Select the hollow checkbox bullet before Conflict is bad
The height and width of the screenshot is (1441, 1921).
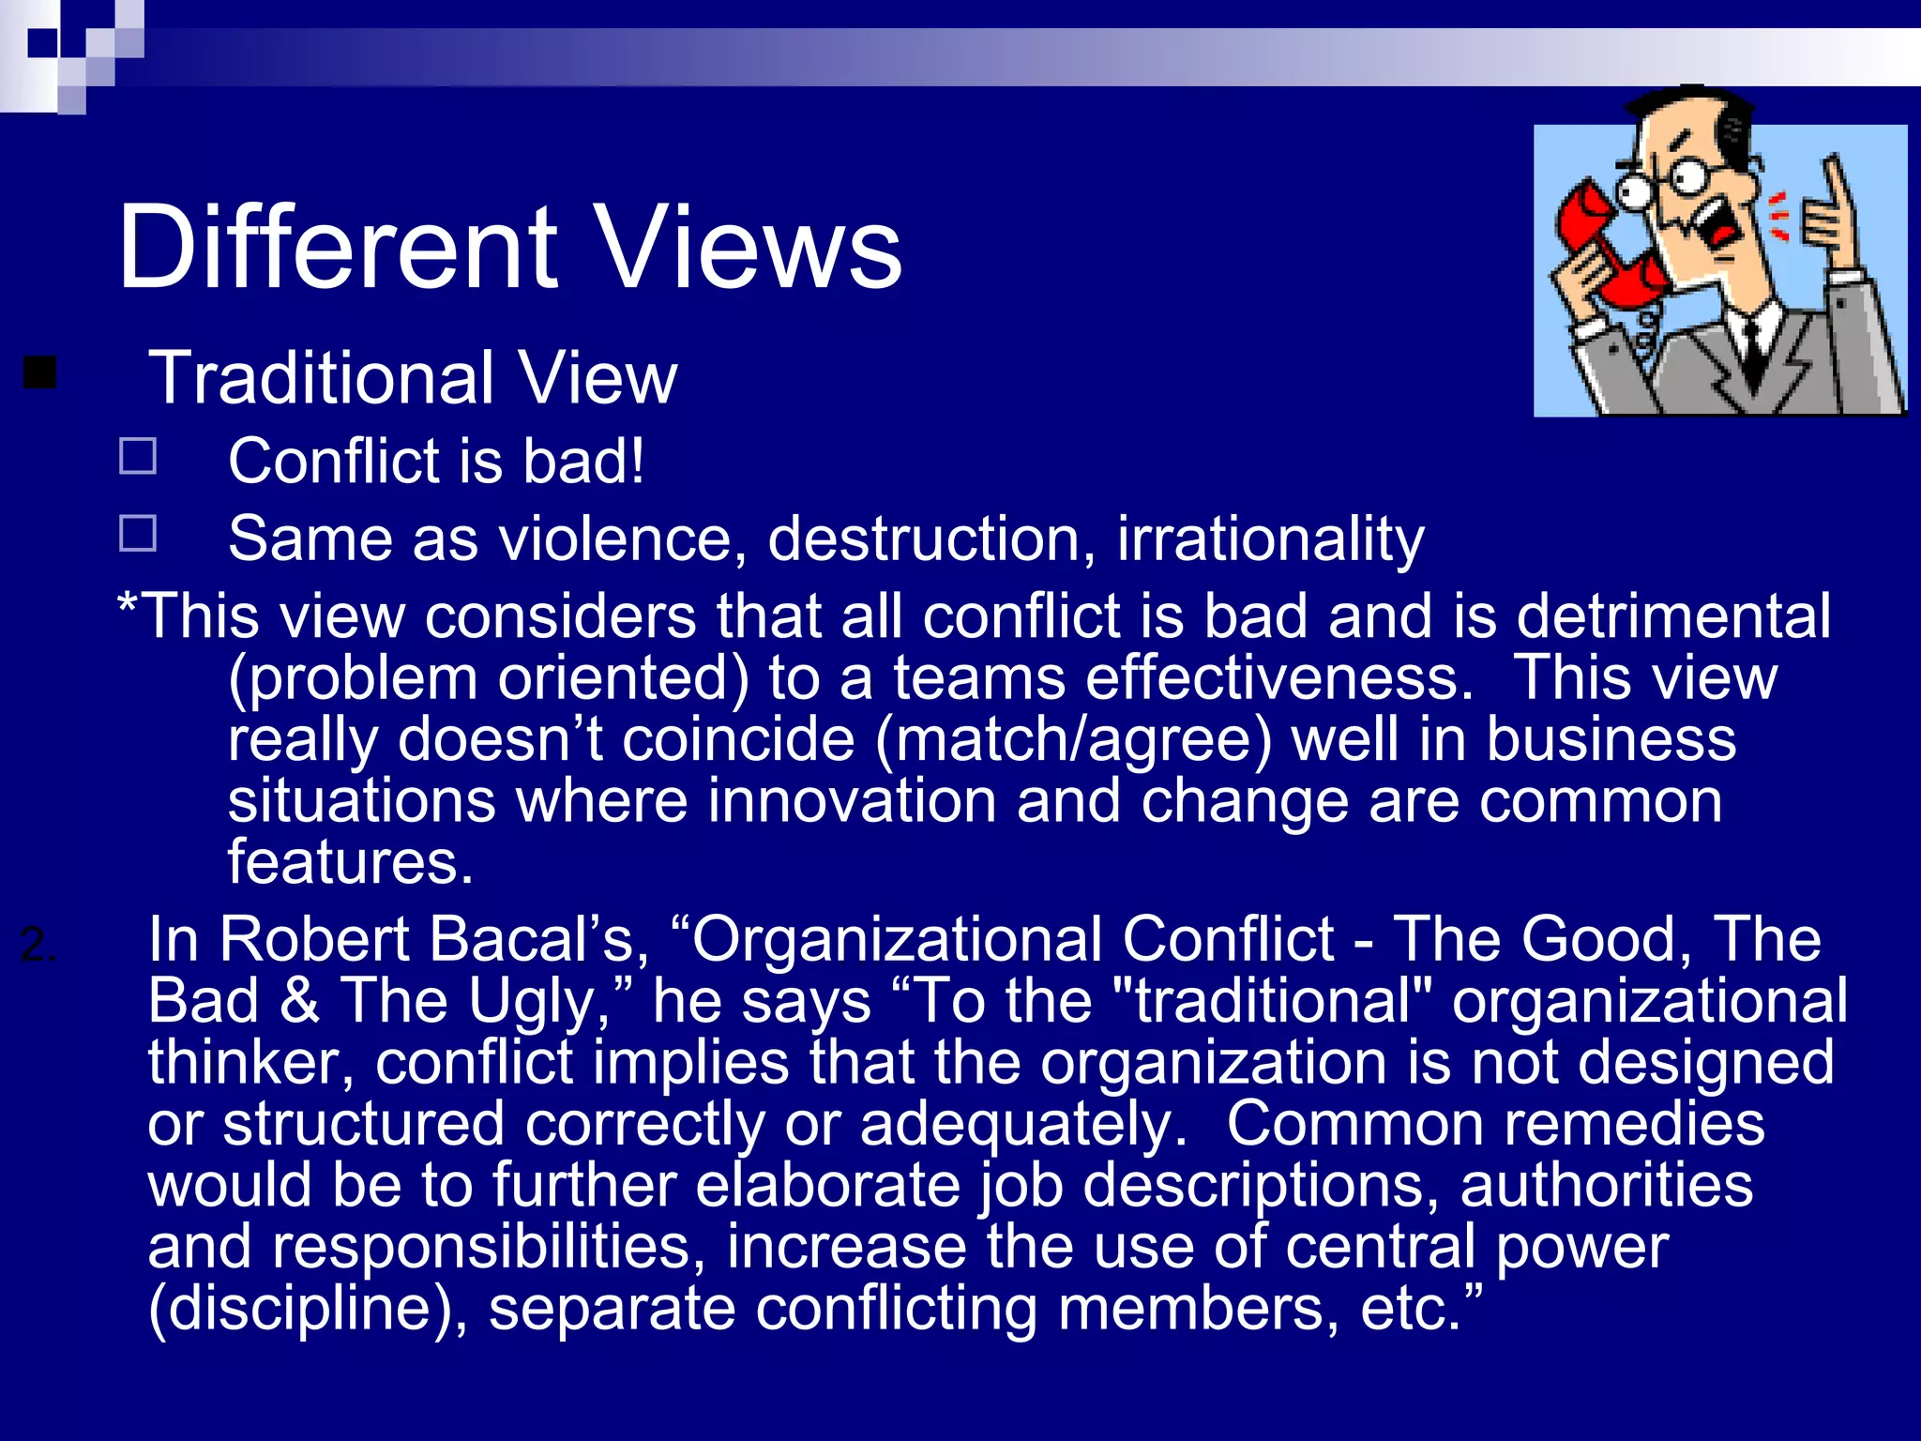138,457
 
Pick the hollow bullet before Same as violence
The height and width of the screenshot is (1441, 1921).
138,533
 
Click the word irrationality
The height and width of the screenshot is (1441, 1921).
1270,540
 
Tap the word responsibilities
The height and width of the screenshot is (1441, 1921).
488,1247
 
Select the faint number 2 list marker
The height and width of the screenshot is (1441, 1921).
38,943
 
